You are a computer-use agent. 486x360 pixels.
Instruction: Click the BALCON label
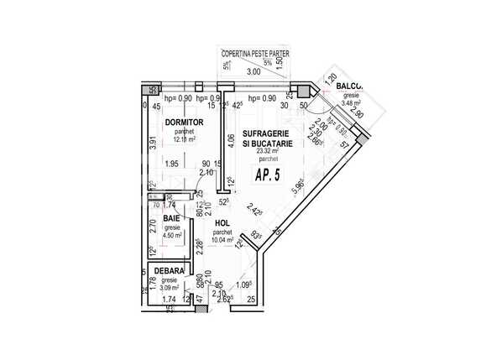[349, 86]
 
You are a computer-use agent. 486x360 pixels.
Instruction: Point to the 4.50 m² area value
[173, 236]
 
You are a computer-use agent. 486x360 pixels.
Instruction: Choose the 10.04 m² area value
[222, 239]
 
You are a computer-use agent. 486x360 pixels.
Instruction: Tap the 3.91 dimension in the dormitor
[153, 143]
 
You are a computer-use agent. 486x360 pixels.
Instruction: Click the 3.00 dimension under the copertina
[253, 72]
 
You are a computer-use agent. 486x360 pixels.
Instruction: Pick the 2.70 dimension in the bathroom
[153, 225]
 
